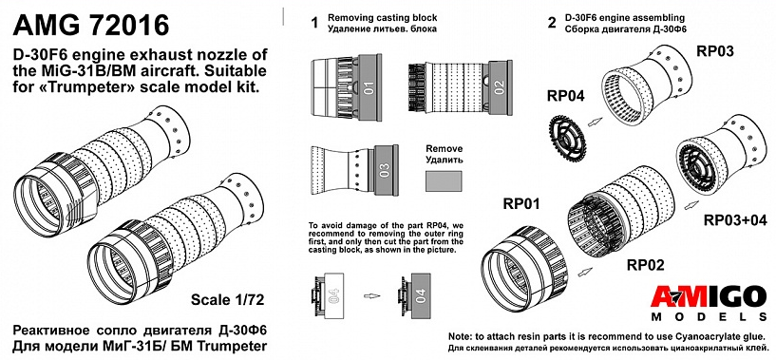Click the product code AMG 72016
pyautogui.click(x=91, y=25)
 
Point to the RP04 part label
pyautogui.click(x=566, y=96)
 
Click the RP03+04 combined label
pyautogui.click(x=735, y=219)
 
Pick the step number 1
pyautogui.click(x=313, y=24)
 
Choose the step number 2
pyautogui.click(x=552, y=24)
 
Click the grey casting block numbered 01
pyautogui.click(x=368, y=87)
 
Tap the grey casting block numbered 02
pyautogui.click(x=499, y=87)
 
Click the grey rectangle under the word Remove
pyautogui.click(x=444, y=180)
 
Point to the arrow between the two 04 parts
pyautogui.click(x=371, y=295)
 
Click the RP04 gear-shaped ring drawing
pyautogui.click(x=568, y=133)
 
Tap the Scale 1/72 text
pyautogui.click(x=227, y=299)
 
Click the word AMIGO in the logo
pyautogui.click(x=710, y=297)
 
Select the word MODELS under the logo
pyautogui.click(x=710, y=317)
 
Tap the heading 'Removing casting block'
pyautogui.click(x=383, y=18)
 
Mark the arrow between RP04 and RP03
pyautogui.click(x=595, y=122)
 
